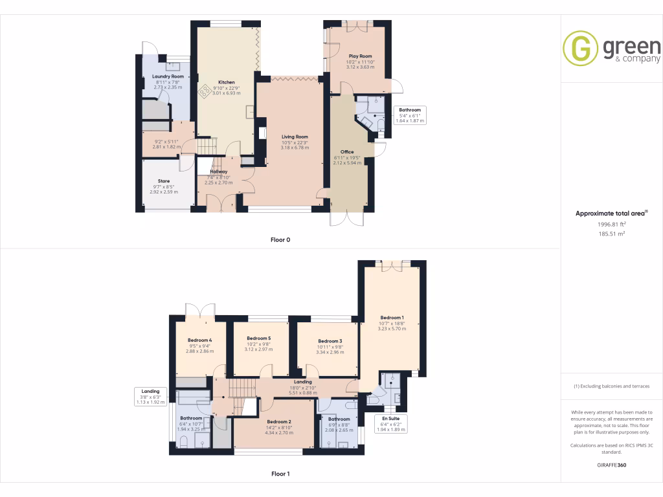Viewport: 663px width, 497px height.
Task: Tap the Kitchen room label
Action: (x=227, y=82)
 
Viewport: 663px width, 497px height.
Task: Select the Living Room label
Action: (x=295, y=137)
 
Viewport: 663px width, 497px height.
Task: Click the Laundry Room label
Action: (x=168, y=76)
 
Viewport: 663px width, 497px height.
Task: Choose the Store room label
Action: (x=164, y=181)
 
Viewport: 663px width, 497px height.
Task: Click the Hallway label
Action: (x=218, y=171)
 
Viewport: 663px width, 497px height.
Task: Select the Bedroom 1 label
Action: (x=392, y=318)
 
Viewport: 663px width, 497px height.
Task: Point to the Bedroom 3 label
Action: (x=330, y=341)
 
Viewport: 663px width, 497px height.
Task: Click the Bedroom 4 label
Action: (x=200, y=340)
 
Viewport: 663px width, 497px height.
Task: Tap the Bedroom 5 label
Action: (x=259, y=338)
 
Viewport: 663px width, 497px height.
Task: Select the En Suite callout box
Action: (x=391, y=423)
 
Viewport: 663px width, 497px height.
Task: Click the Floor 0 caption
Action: (x=280, y=239)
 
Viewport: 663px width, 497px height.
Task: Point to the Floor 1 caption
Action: (x=280, y=474)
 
